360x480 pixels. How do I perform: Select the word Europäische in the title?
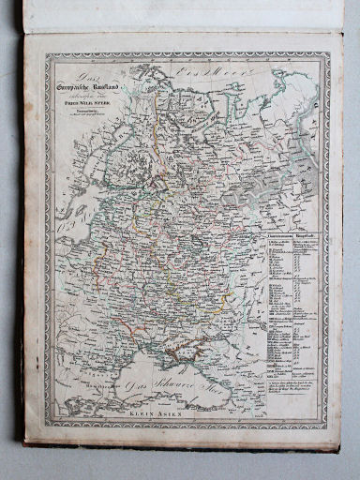pyautogui.click(x=78, y=89)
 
